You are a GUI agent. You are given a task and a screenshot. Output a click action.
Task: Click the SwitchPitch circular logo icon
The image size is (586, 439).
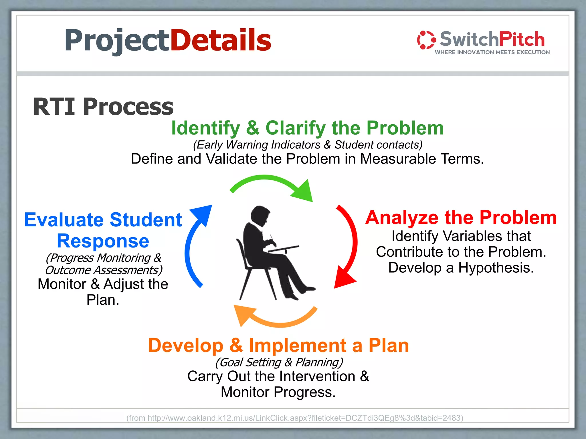coord(426,40)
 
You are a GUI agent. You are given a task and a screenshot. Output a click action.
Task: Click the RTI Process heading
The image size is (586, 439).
coord(103,107)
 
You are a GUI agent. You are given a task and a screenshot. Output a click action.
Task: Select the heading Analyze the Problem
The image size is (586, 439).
coord(461,218)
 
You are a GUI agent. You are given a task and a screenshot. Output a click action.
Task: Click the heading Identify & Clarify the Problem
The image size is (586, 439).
coord(307,128)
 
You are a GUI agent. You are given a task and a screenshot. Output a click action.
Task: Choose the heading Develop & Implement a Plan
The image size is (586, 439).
coord(278,346)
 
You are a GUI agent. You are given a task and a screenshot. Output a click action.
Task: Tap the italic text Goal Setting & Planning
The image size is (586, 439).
coord(279,362)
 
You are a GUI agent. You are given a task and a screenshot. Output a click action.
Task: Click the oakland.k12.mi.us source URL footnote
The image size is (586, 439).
coord(295,418)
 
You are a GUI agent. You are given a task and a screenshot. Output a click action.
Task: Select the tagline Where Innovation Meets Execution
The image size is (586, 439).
coord(492,52)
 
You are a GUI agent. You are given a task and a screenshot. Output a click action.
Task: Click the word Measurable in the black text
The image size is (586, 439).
coord(398,159)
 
